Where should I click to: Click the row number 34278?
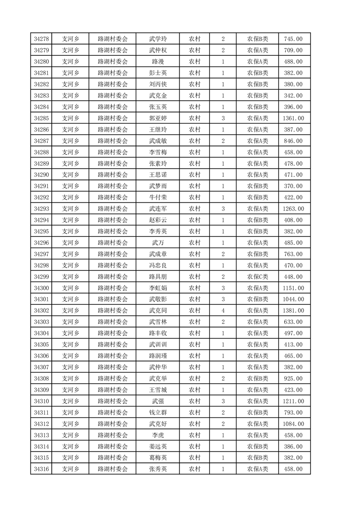click(41, 39)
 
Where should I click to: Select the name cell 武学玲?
click(158, 39)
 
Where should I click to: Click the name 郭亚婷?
click(158, 118)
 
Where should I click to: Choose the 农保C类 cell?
click(257, 277)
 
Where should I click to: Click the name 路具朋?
click(158, 277)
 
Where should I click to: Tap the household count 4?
click(223, 311)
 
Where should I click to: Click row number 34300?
click(41, 288)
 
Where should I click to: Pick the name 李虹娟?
click(158, 288)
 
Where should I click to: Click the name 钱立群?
click(158, 413)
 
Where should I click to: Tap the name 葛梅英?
click(158, 458)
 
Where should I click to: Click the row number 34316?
click(41, 470)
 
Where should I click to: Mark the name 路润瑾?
click(158, 356)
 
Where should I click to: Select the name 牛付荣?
click(158, 197)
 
